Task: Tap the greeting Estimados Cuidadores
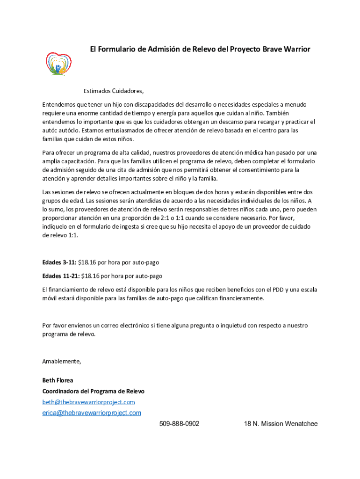point(114,91)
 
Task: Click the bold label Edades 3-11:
point(59,262)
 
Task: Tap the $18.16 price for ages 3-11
point(88,262)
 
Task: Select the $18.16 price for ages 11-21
point(92,276)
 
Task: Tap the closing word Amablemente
point(62,361)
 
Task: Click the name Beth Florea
point(58,380)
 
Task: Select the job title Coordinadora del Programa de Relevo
point(94,391)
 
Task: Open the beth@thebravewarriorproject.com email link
point(88,402)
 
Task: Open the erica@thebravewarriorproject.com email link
point(92,413)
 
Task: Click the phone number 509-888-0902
point(179,424)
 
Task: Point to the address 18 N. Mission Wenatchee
point(281,424)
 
